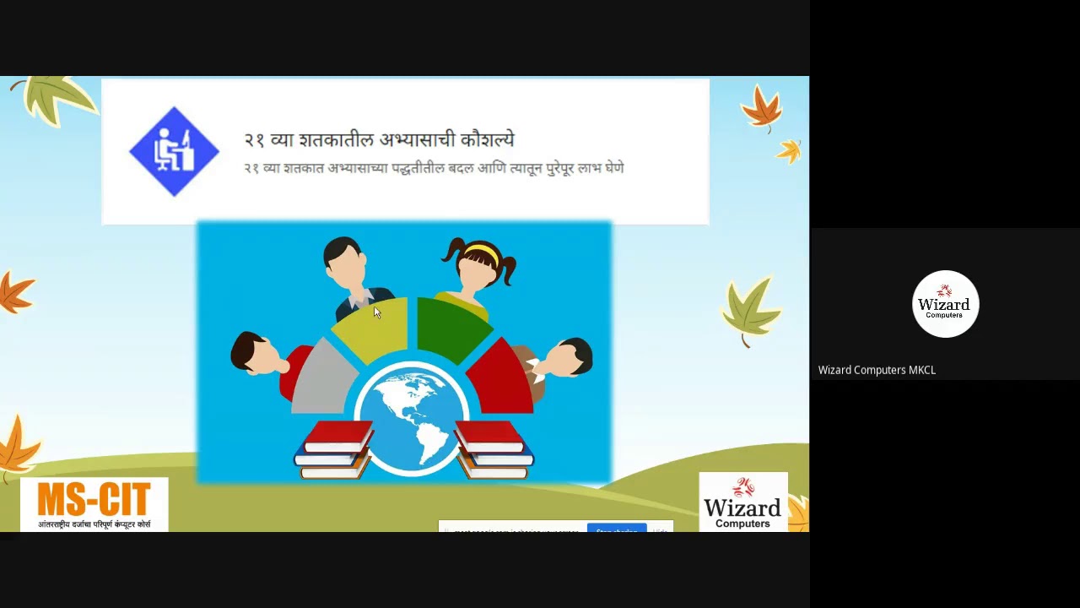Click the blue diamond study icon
(174, 152)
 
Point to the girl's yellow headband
(480, 250)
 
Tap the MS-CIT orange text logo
(94, 499)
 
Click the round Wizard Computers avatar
(945, 304)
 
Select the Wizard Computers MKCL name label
(877, 370)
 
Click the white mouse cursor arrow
(376, 312)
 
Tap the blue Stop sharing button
(616, 529)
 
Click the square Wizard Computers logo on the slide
(742, 502)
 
